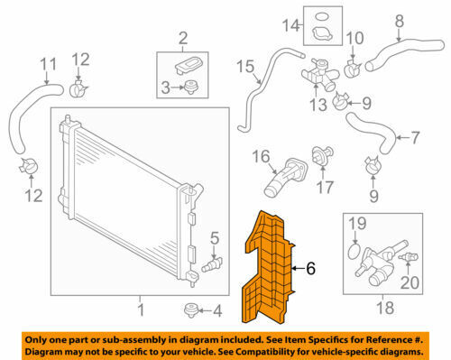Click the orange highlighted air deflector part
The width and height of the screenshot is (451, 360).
pyautogui.click(x=268, y=271)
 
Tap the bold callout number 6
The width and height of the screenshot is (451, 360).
pyautogui.click(x=310, y=268)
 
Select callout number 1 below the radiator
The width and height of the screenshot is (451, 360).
pyautogui.click(x=141, y=309)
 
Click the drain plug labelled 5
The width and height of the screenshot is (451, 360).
pyautogui.click(x=211, y=264)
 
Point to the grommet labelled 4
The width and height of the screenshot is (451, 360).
pyautogui.click(x=190, y=309)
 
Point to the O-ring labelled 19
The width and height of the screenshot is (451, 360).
pyautogui.click(x=354, y=252)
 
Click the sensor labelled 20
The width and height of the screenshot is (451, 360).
pyautogui.click(x=409, y=257)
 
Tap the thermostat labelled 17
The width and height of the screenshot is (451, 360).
pyautogui.click(x=322, y=155)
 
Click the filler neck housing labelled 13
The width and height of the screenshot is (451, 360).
pyautogui.click(x=318, y=75)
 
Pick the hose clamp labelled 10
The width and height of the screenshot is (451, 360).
pyautogui.click(x=352, y=69)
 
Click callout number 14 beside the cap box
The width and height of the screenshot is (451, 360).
pyautogui.click(x=290, y=25)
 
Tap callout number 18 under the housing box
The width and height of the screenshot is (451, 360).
pyautogui.click(x=385, y=308)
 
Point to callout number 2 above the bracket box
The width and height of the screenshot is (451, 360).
pyautogui.click(x=183, y=38)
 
